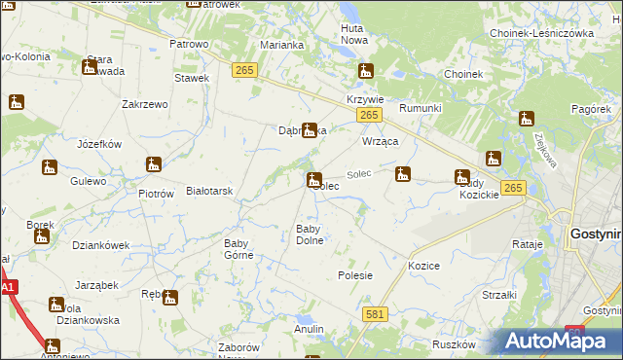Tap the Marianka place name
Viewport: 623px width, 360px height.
coord(283,45)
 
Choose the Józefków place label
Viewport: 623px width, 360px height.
coord(98,144)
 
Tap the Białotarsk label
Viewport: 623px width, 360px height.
coord(208,192)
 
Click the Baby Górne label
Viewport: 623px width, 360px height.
coord(238,249)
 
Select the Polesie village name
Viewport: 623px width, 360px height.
coord(355,275)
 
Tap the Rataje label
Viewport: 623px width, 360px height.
coord(526,244)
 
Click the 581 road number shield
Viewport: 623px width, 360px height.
coord(375,314)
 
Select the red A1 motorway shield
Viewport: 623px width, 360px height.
coord(8,288)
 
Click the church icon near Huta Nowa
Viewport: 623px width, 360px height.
coord(366,71)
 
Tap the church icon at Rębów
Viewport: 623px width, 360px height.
coord(170,299)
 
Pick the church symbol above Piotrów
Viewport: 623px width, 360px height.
coord(153,165)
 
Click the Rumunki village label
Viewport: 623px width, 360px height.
coord(421,108)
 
